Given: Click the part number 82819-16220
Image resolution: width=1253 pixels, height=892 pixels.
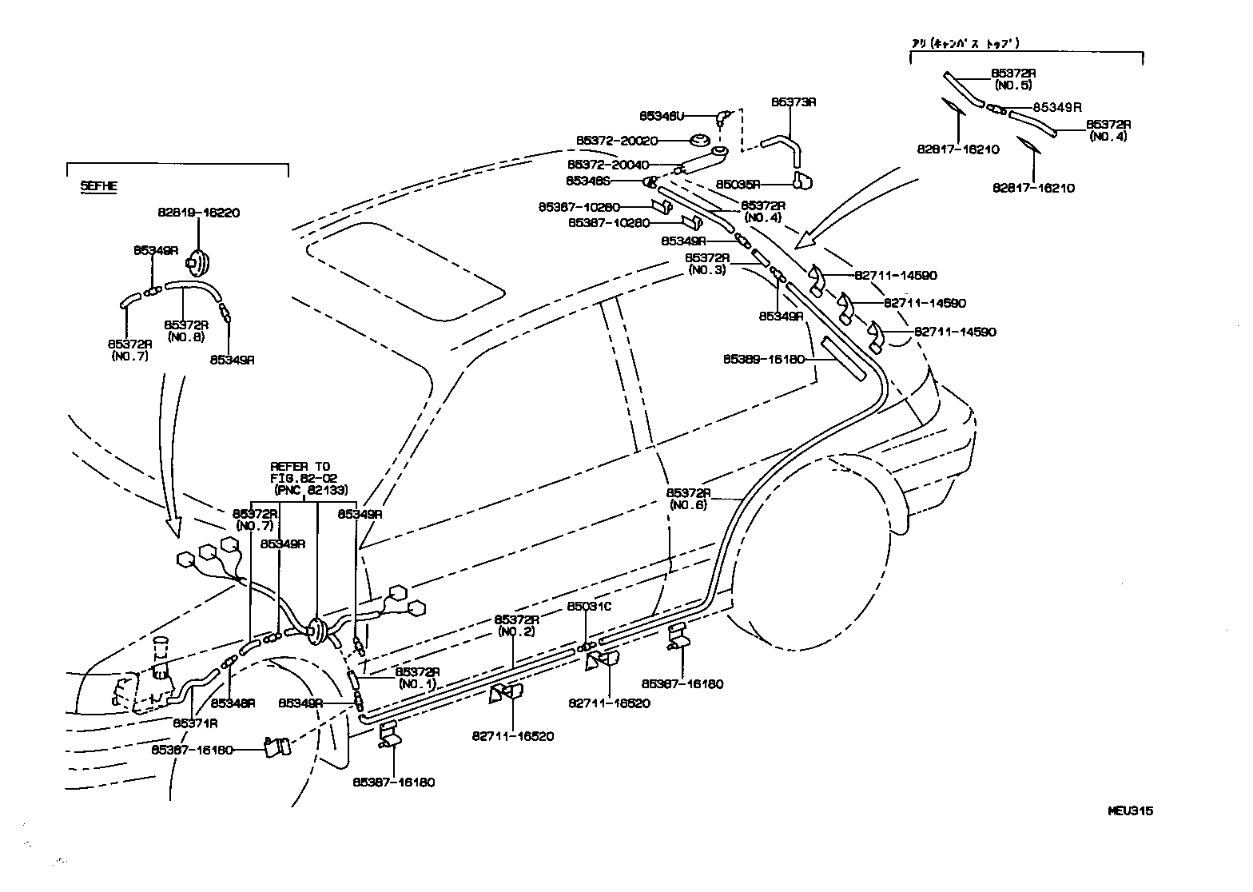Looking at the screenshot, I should pos(198,213).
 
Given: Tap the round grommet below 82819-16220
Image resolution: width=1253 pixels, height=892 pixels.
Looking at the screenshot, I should pos(197,261).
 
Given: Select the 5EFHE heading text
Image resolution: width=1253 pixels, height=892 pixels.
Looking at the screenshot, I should pos(98,185).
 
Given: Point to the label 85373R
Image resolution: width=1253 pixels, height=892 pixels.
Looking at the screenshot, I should pos(793,102).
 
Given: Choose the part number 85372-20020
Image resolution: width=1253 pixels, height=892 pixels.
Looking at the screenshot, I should pos(617,141).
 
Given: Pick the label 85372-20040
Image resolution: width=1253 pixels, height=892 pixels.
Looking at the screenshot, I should pos(617,164).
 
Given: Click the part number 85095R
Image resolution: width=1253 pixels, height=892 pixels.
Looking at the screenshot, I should pos(738,183).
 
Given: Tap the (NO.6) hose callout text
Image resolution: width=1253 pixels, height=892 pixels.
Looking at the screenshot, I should pos(688,504).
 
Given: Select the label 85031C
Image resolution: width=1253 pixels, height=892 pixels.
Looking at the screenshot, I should pos(589,606).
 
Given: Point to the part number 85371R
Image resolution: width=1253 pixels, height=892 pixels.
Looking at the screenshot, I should pos(196,723).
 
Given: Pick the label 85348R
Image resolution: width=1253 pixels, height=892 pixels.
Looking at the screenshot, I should pos(233,703).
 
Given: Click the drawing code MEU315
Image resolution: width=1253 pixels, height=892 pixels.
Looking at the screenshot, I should pos(1130,810).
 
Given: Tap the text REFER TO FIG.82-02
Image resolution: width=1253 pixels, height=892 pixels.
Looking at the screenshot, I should pos(300,472).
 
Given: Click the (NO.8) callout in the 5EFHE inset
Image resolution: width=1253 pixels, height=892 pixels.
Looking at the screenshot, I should pos(186,336).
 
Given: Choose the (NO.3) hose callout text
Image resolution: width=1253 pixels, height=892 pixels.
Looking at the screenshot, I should pos(706,270).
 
